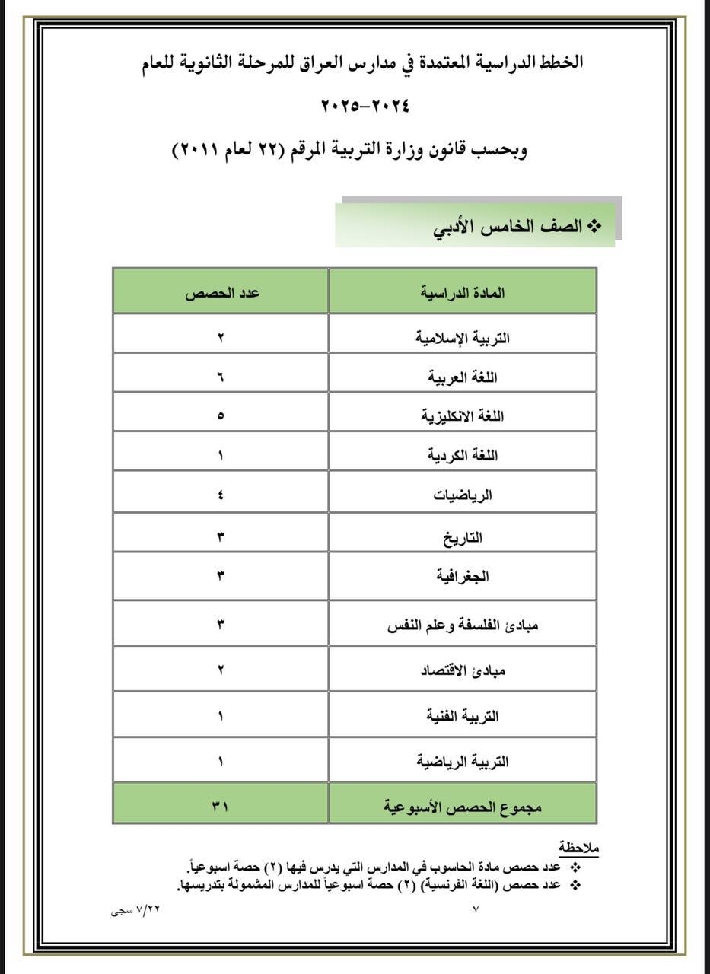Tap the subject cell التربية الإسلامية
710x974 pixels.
pos(463,337)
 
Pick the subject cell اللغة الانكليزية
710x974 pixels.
pos(463,416)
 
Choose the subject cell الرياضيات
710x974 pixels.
pos(463,495)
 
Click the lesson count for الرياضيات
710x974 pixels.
pos(221,495)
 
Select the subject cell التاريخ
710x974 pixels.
pos(463,538)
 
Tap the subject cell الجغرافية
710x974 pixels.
pos(463,576)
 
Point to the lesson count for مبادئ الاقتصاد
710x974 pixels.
pos(221,671)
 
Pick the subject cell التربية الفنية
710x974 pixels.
pos(463,716)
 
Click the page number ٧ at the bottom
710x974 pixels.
pos(476,909)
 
